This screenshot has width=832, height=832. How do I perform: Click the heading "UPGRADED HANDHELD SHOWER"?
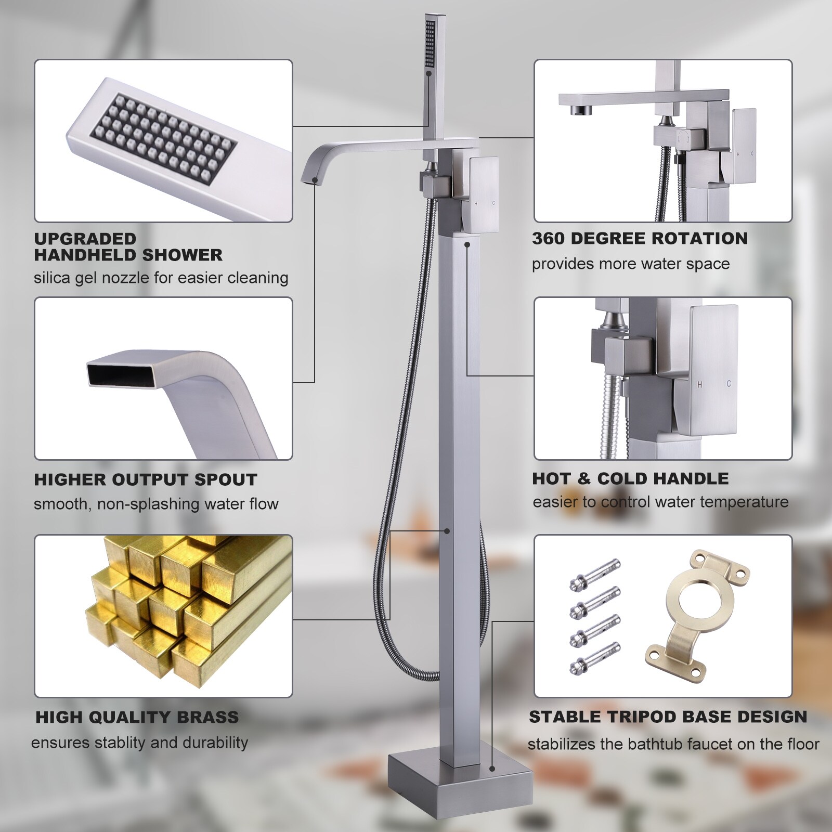(128, 247)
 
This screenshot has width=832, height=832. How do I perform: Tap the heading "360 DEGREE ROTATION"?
(640, 238)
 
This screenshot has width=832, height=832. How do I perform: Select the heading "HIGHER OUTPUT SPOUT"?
(146, 479)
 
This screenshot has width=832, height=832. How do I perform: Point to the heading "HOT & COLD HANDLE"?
(630, 478)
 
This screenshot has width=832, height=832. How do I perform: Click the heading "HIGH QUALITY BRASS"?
(137, 717)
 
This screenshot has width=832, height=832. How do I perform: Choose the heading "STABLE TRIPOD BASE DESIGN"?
(668, 717)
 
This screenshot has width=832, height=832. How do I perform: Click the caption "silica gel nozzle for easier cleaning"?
(161, 278)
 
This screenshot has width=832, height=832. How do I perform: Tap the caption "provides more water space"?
(630, 264)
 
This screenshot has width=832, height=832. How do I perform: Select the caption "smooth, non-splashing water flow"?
(156, 504)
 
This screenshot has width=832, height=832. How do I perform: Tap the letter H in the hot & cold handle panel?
(699, 384)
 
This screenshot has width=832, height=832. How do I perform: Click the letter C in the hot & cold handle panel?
(729, 384)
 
